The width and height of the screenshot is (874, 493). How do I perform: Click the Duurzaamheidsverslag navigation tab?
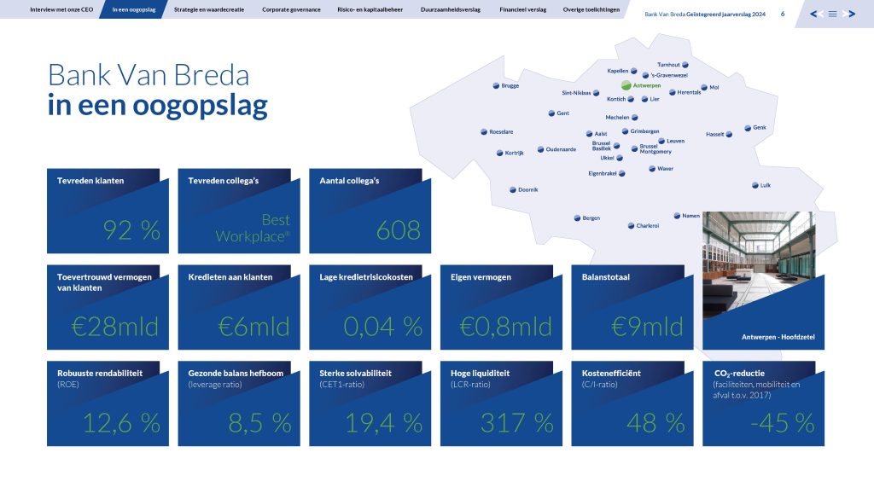[x=451, y=9]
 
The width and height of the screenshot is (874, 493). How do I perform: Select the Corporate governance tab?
[x=291, y=9]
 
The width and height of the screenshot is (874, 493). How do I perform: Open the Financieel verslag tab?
[x=523, y=9]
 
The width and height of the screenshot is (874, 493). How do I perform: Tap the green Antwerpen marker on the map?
[x=626, y=85]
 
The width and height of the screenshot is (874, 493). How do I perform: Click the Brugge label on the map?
[x=510, y=86]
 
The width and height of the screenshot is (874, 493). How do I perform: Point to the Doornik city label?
[x=527, y=190]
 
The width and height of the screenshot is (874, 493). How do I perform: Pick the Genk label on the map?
[x=760, y=128]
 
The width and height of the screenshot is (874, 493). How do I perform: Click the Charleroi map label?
[x=648, y=226]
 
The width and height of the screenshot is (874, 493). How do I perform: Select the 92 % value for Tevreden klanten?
[x=131, y=230]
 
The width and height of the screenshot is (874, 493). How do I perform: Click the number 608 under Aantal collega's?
[x=398, y=230]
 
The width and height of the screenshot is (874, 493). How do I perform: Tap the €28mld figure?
[x=115, y=327]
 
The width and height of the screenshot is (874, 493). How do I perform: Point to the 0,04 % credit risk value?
[x=382, y=327]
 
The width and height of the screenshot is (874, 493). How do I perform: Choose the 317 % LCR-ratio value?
[x=516, y=423]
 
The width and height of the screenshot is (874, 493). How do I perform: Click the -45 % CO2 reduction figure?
[x=783, y=423]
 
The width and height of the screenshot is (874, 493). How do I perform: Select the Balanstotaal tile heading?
[x=606, y=277]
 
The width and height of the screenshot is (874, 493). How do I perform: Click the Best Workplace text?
[x=253, y=228]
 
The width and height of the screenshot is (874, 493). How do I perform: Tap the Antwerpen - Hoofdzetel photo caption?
[x=778, y=337]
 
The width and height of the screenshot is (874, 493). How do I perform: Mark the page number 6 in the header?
[x=783, y=14]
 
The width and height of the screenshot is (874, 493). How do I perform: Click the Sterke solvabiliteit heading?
[x=356, y=374]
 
